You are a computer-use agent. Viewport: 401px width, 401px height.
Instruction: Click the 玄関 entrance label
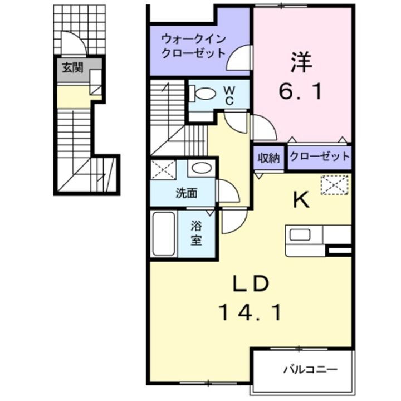(x=72, y=68)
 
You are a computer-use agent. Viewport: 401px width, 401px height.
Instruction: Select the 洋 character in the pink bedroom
(x=301, y=61)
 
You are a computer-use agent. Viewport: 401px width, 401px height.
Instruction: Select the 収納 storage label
(x=268, y=158)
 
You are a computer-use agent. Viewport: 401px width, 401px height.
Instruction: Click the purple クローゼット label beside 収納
(x=320, y=157)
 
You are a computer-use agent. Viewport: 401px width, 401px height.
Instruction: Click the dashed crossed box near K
(x=334, y=184)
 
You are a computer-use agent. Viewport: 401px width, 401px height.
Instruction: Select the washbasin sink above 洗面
(x=199, y=168)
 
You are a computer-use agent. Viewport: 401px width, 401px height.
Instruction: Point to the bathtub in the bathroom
(x=163, y=234)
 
